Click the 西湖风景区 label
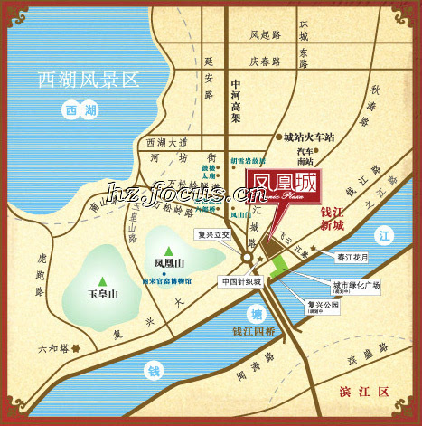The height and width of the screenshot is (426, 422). [x=89, y=80]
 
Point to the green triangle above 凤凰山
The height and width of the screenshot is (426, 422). [x=168, y=250]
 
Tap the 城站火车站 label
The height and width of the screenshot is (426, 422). [x=308, y=139]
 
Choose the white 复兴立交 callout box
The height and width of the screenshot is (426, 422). [x=214, y=233]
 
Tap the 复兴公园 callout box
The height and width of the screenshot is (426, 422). [x=323, y=307]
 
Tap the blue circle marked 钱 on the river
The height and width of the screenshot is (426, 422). [x=153, y=369]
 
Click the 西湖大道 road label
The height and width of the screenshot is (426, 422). [x=166, y=143]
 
